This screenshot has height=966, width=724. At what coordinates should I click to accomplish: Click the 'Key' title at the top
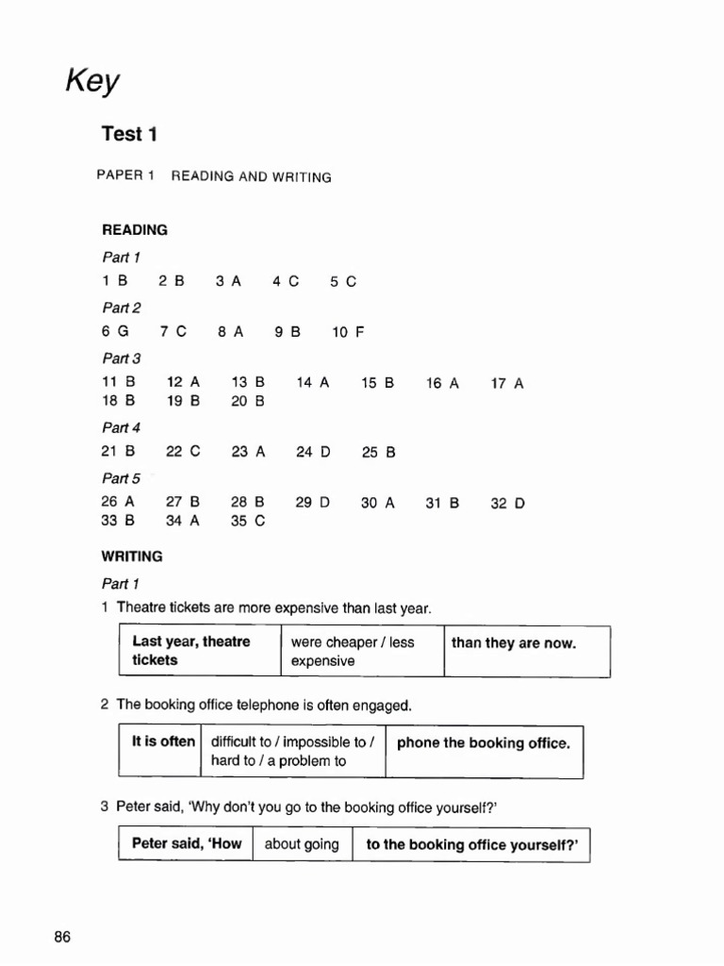point(92,82)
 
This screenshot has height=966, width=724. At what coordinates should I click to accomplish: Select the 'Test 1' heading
point(129,134)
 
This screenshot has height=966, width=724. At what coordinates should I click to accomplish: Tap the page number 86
point(62,937)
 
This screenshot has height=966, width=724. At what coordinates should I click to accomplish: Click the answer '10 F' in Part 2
point(347,332)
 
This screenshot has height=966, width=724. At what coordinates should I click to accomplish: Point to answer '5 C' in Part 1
point(343,281)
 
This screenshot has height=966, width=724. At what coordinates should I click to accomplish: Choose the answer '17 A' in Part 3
point(506,383)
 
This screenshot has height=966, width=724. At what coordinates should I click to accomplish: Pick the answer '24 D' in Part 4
point(313,452)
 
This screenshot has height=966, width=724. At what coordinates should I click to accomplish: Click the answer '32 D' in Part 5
point(507,503)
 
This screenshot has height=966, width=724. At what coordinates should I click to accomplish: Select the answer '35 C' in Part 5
point(248,520)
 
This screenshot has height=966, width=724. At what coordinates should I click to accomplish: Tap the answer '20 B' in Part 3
point(248,400)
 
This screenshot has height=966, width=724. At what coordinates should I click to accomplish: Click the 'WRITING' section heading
point(132,557)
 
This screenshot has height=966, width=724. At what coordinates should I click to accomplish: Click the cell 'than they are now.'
point(514,643)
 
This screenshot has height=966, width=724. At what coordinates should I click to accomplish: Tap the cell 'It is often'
point(163,741)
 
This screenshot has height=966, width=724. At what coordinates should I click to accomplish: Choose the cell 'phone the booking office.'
point(484,742)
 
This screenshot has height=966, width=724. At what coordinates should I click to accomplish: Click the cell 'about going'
point(302,844)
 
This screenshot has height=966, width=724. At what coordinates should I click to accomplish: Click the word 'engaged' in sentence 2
point(385,705)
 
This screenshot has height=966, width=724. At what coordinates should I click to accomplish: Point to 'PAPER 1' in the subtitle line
point(124,176)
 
